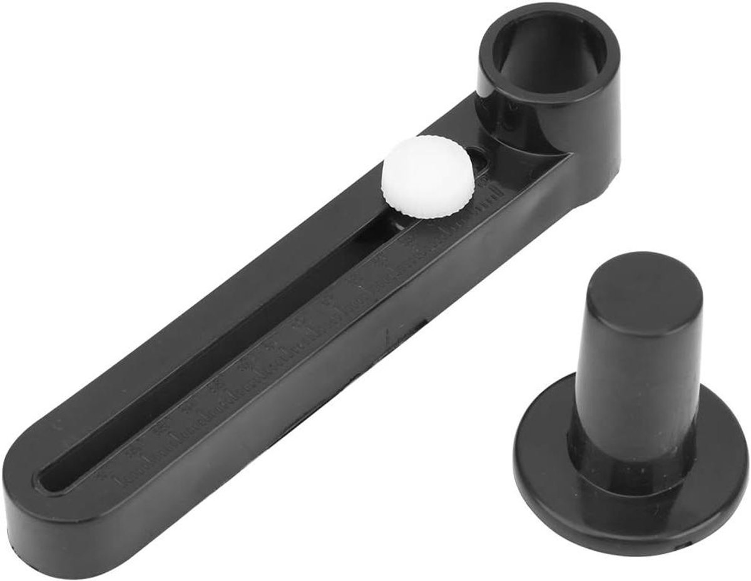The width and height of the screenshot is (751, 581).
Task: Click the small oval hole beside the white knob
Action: pyautogui.click(x=483, y=164)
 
